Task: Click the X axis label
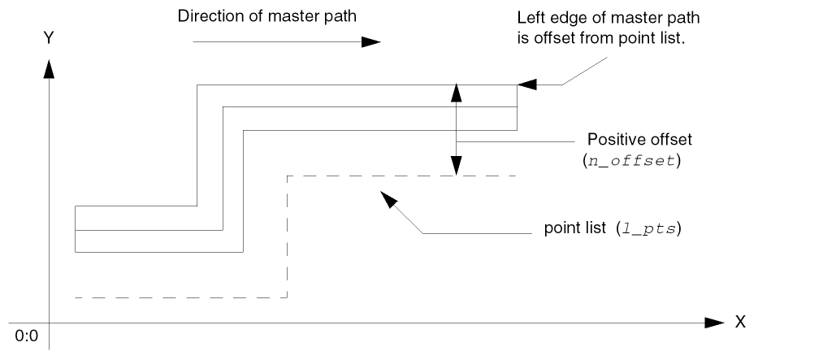pos(739,323)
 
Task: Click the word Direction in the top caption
pos(207,16)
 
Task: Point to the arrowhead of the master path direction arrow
pos(370,41)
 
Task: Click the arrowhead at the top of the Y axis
pos(50,68)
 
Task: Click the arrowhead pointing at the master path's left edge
pos(526,84)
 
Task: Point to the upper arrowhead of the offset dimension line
pos(457,92)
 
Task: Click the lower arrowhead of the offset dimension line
pos(457,167)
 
